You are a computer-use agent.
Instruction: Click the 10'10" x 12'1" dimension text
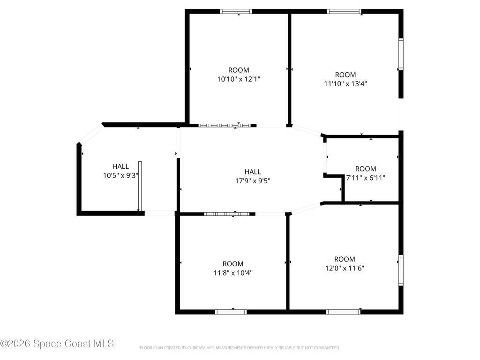(x=239, y=79)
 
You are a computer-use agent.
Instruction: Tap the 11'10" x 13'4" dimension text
(x=345, y=83)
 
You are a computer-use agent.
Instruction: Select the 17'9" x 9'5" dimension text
(x=253, y=181)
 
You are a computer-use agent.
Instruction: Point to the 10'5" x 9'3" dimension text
(x=120, y=176)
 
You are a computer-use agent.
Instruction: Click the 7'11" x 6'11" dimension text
(x=366, y=178)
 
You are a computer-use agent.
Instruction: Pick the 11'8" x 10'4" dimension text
(x=233, y=273)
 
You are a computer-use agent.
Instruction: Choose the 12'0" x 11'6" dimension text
(x=345, y=268)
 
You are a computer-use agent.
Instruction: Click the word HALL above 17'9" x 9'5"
(x=253, y=172)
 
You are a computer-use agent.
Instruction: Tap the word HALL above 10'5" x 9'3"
(x=120, y=166)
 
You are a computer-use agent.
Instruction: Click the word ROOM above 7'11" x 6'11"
(x=366, y=169)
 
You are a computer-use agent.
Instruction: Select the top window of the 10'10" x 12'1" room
(x=236, y=12)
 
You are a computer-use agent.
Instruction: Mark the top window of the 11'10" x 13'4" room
(x=345, y=12)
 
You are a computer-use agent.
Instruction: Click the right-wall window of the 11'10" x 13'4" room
(x=401, y=54)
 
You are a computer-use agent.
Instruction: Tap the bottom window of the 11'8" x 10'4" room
(x=231, y=312)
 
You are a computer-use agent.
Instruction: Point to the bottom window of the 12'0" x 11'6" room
(x=343, y=312)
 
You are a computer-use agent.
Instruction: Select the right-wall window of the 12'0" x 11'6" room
(x=401, y=270)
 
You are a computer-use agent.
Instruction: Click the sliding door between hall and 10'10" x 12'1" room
(x=225, y=126)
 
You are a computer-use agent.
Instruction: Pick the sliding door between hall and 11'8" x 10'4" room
(x=227, y=214)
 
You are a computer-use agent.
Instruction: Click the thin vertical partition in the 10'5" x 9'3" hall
(x=140, y=186)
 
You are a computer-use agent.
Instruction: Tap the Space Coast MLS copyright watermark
(x=57, y=344)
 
